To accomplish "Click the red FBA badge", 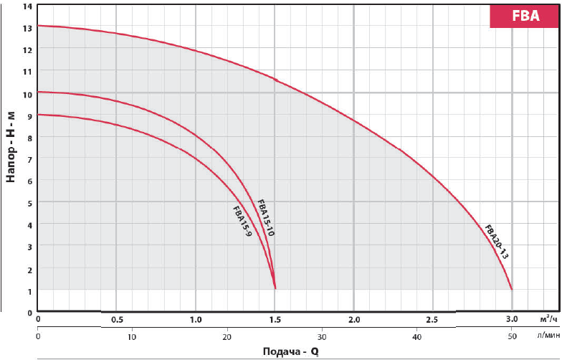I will click(525, 16).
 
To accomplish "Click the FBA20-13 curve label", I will click(496, 242).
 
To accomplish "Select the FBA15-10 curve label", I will click(265, 217).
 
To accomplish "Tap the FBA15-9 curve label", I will click(242, 222).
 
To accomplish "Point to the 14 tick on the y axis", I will click(28, 6).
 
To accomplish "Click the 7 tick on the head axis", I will click(29, 159).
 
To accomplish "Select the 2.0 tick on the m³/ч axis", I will click(354, 319).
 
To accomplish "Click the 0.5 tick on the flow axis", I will click(116, 319).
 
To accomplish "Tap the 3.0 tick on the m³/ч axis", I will click(512, 319).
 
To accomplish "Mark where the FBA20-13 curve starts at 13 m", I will click(38, 26).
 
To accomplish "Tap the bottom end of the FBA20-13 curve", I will click(512, 289).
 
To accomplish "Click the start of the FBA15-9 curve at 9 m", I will click(38, 115).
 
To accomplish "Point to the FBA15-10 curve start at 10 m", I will click(38, 92).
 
